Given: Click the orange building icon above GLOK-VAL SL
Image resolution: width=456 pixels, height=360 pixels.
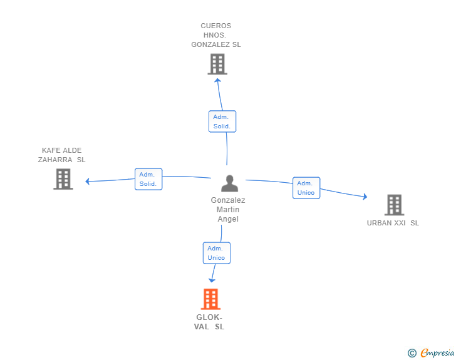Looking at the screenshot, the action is pyautogui.click(x=210, y=299).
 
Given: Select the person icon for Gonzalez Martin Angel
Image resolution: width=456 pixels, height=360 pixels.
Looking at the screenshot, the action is pyautogui.click(x=229, y=183).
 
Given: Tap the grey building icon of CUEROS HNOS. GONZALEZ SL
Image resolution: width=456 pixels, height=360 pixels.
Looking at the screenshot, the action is pyautogui.click(x=217, y=64).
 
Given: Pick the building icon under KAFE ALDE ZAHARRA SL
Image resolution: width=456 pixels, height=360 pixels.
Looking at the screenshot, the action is pyautogui.click(x=63, y=179).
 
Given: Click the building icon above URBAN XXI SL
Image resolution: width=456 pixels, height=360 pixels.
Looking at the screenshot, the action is pyautogui.click(x=395, y=205).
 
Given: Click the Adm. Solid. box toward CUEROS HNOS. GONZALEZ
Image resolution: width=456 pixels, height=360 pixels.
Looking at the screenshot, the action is pyautogui.click(x=222, y=121).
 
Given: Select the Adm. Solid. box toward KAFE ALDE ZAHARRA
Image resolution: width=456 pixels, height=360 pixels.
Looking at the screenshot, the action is pyautogui.click(x=148, y=179).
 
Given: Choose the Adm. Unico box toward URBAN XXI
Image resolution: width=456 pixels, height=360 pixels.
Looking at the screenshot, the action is pyautogui.click(x=306, y=188).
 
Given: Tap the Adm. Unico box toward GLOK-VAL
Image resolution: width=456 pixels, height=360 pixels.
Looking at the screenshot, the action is pyautogui.click(x=216, y=253).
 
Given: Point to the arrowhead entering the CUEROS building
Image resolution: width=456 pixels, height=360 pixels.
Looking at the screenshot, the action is pyautogui.click(x=217, y=80).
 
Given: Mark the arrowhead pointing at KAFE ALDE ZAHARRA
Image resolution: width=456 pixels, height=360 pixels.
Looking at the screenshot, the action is pyautogui.click(x=87, y=181).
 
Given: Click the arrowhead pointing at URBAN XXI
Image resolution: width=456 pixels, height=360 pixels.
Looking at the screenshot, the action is pyautogui.click(x=365, y=197).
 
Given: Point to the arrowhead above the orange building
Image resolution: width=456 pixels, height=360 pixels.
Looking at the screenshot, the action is pyautogui.click(x=212, y=280).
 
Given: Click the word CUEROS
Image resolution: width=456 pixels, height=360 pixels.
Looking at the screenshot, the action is pyautogui.click(x=215, y=26).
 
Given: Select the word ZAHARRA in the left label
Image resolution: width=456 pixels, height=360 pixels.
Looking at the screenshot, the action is pyautogui.click(x=55, y=160).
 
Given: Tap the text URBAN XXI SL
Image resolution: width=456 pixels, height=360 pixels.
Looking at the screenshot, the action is pyautogui.click(x=393, y=223).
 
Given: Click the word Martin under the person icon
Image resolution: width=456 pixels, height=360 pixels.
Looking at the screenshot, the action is pyautogui.click(x=228, y=210).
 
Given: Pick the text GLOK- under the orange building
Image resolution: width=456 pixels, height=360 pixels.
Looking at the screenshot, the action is pyautogui.click(x=209, y=317).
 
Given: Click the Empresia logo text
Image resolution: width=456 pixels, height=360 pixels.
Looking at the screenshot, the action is pyautogui.click(x=437, y=353).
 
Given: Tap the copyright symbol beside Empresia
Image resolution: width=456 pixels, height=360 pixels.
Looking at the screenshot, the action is pyautogui.click(x=412, y=353).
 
